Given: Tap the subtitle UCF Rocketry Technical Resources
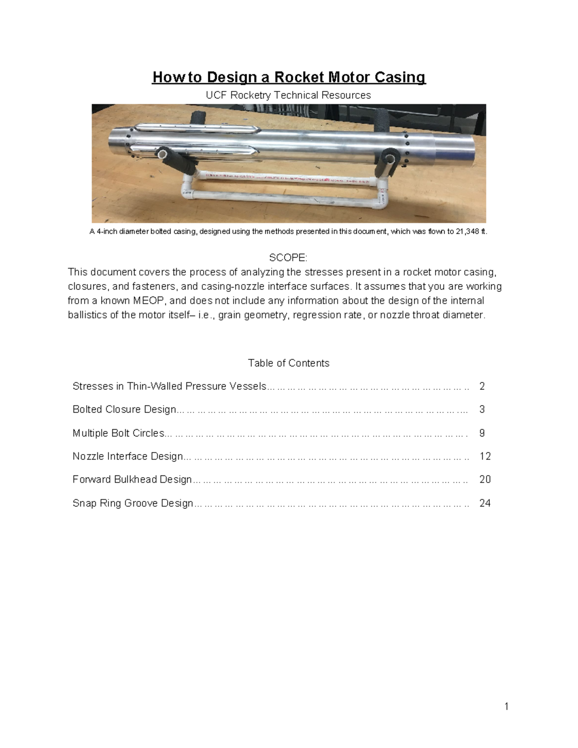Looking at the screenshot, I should click(x=288, y=95).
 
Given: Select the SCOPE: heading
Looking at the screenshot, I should click(x=288, y=258).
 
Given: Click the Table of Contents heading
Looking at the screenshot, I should click(x=289, y=363).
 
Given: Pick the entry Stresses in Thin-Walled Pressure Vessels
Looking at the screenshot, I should click(x=169, y=386).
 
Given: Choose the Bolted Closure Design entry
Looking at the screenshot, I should click(x=124, y=409).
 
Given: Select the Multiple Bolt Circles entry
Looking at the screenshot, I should click(x=118, y=433).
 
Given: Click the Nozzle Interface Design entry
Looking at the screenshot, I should click(x=128, y=456).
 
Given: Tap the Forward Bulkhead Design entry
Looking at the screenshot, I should click(x=132, y=479).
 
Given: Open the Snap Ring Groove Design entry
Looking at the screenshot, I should click(x=132, y=503).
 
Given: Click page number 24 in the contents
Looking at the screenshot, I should click(x=485, y=503).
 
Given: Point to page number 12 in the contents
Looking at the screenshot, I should click(x=485, y=456).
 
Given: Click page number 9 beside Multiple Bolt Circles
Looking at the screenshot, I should click(x=482, y=433).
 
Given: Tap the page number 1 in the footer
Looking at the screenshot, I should click(x=506, y=707).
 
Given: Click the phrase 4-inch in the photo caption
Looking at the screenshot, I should click(x=107, y=232).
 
